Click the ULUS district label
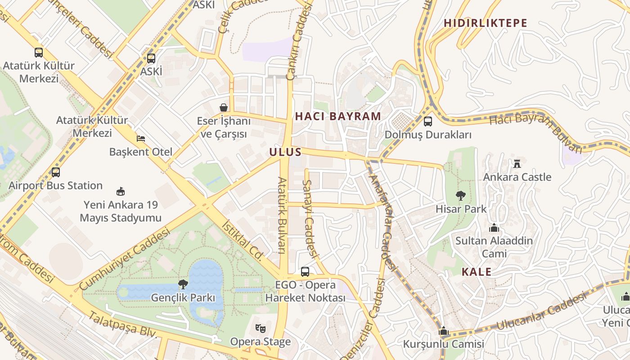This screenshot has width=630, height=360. (285, 152)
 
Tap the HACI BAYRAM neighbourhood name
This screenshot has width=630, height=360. (338, 116)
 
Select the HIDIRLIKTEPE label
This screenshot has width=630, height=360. (485, 23)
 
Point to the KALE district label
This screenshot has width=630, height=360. (477, 272)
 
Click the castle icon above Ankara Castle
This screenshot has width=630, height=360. (517, 163)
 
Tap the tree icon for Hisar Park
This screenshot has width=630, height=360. (460, 196)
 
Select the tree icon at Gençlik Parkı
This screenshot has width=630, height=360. (183, 284)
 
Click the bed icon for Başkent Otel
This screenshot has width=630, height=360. (141, 138)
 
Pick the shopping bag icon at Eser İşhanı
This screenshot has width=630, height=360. (223, 108)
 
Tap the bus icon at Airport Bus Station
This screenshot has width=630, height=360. (56, 172)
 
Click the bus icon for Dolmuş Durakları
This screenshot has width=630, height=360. (427, 121)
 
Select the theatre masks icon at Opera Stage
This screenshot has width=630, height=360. (260, 328)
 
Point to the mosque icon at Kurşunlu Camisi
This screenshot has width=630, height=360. (444, 331)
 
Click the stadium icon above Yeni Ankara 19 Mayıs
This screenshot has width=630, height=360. (120, 191)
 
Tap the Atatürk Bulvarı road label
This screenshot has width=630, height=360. (283, 215)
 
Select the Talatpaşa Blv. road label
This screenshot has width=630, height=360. (122, 324)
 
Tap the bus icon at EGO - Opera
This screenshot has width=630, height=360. (305, 271)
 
